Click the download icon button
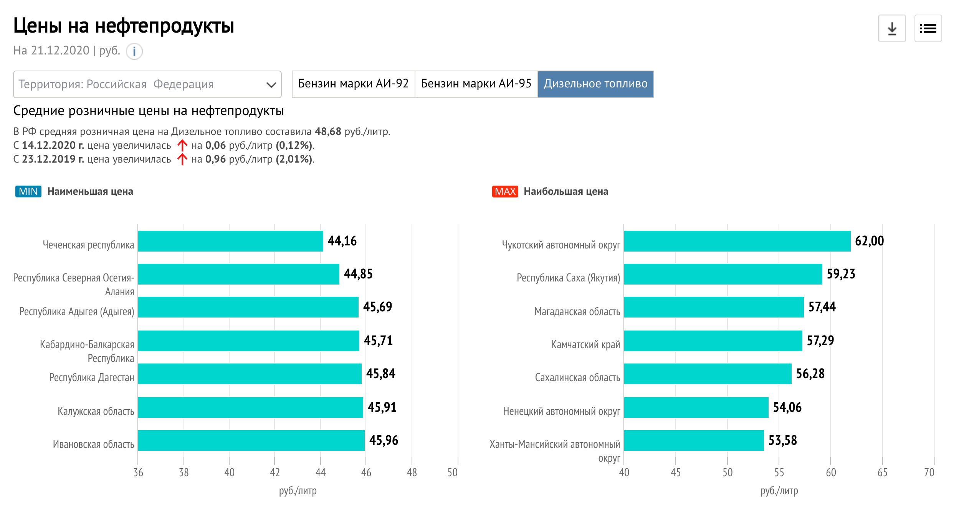[892, 28]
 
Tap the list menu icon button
[928, 28]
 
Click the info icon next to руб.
[134, 51]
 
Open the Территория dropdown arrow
[271, 85]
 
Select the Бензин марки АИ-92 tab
[353, 84]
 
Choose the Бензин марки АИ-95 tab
[476, 84]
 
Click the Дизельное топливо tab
[595, 84]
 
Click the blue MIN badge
[28, 191]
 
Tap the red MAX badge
[505, 191]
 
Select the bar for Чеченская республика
[230, 241]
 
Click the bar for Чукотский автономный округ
[737, 241]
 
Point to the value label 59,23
[841, 274]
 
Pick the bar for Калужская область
[250, 407]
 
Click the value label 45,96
[384, 440]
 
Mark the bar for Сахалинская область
[708, 374]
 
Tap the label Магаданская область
[577, 312]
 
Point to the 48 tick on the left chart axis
[412, 472]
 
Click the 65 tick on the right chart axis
[882, 472]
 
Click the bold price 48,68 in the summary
[328, 132]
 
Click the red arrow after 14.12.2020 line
[182, 145]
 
